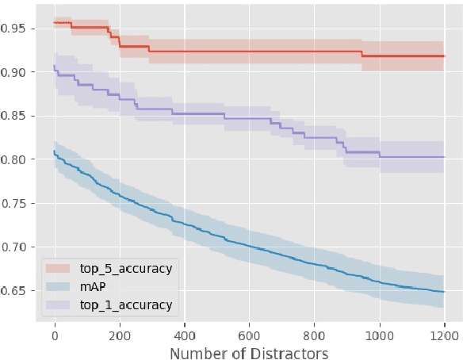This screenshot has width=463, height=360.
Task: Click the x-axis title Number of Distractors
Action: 249,351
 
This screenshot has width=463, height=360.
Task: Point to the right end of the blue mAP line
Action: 444,292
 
